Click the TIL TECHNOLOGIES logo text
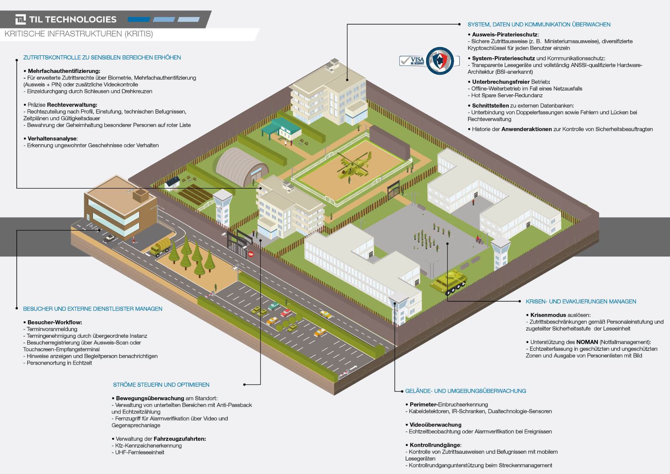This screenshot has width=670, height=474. [x=72, y=19]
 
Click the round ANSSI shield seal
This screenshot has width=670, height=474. [x=440, y=61]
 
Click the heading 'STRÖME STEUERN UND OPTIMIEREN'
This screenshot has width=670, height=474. [x=161, y=385]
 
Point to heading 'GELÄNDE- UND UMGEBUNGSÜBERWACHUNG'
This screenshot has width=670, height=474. [x=465, y=391]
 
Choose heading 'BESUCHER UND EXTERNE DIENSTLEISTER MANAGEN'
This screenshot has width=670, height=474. [x=93, y=309]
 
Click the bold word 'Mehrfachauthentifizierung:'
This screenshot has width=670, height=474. [x=64, y=71]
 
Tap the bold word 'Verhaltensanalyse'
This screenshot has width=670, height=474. [x=52, y=138]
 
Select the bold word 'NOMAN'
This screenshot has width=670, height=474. [x=587, y=342]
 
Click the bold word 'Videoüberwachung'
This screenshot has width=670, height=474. [x=435, y=425]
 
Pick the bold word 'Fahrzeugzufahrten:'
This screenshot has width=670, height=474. [x=180, y=439]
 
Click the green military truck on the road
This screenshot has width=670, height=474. [x=160, y=247]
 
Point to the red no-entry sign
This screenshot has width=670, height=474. [x=251, y=254]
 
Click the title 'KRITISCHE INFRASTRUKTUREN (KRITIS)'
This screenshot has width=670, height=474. [x=79, y=34]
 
